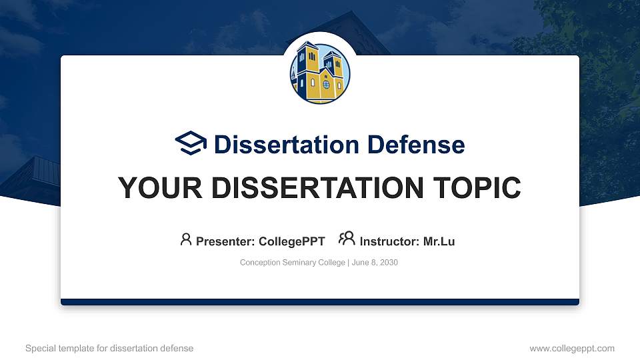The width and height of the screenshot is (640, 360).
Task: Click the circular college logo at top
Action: point(320,73)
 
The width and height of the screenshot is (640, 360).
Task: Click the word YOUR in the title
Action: point(155,188)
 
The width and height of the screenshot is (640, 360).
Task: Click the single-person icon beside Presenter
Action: point(186,239)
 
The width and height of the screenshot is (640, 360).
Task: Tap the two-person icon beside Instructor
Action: point(347,239)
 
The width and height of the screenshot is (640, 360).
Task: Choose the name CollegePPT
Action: point(293,241)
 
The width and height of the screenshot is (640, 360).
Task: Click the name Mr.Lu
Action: point(439,241)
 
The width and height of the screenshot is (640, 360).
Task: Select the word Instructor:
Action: point(389,241)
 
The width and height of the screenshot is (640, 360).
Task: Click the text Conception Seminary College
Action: point(291,263)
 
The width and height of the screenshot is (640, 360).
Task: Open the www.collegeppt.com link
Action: point(572,348)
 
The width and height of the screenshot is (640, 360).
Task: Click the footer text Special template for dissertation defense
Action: point(109,348)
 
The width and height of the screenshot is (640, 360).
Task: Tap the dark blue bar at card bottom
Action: point(320,302)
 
